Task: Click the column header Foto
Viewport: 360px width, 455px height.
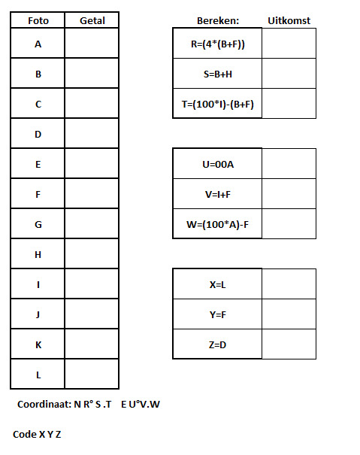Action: pos(38,20)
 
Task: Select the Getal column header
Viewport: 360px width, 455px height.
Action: pos(92,20)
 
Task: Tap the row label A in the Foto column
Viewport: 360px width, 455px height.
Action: pos(38,44)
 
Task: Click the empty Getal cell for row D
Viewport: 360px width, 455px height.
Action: pos(92,133)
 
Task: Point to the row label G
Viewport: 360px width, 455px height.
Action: pos(38,225)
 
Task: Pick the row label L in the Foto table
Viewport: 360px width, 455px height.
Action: pos(38,375)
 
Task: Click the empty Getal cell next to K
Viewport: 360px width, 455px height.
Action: pos(92,344)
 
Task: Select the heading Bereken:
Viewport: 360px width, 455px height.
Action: pos(218,20)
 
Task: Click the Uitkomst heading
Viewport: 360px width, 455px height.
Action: pos(289,20)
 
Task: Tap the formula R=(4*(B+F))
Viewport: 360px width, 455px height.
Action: pos(218,44)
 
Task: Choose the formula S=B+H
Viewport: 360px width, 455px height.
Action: pos(218,74)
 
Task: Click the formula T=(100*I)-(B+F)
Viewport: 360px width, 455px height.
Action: pos(218,105)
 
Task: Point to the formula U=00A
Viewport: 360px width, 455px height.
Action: pos(218,165)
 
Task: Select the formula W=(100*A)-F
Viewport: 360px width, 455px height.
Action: pos(218,224)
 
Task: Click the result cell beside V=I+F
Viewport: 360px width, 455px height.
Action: pos(289,194)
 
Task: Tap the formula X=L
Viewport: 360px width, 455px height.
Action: pos(217,285)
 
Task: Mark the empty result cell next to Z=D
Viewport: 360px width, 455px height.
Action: pos(289,344)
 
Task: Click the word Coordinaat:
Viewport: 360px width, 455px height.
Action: pos(44,404)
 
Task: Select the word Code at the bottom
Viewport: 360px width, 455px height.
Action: pos(25,434)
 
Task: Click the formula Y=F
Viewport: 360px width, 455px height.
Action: pos(217,315)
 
